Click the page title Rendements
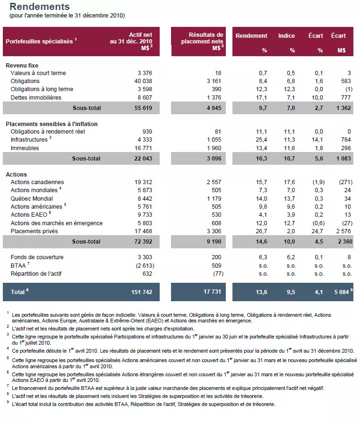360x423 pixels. (x=40, y=7)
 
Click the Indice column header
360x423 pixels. (x=286, y=36)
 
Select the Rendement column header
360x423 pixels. (x=251, y=36)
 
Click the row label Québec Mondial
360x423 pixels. (x=32, y=199)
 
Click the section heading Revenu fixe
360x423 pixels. (x=22, y=65)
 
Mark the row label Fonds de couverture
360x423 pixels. (x=37, y=257)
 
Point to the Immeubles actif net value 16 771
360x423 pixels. (x=143, y=148)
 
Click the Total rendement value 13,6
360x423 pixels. (x=261, y=292)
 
